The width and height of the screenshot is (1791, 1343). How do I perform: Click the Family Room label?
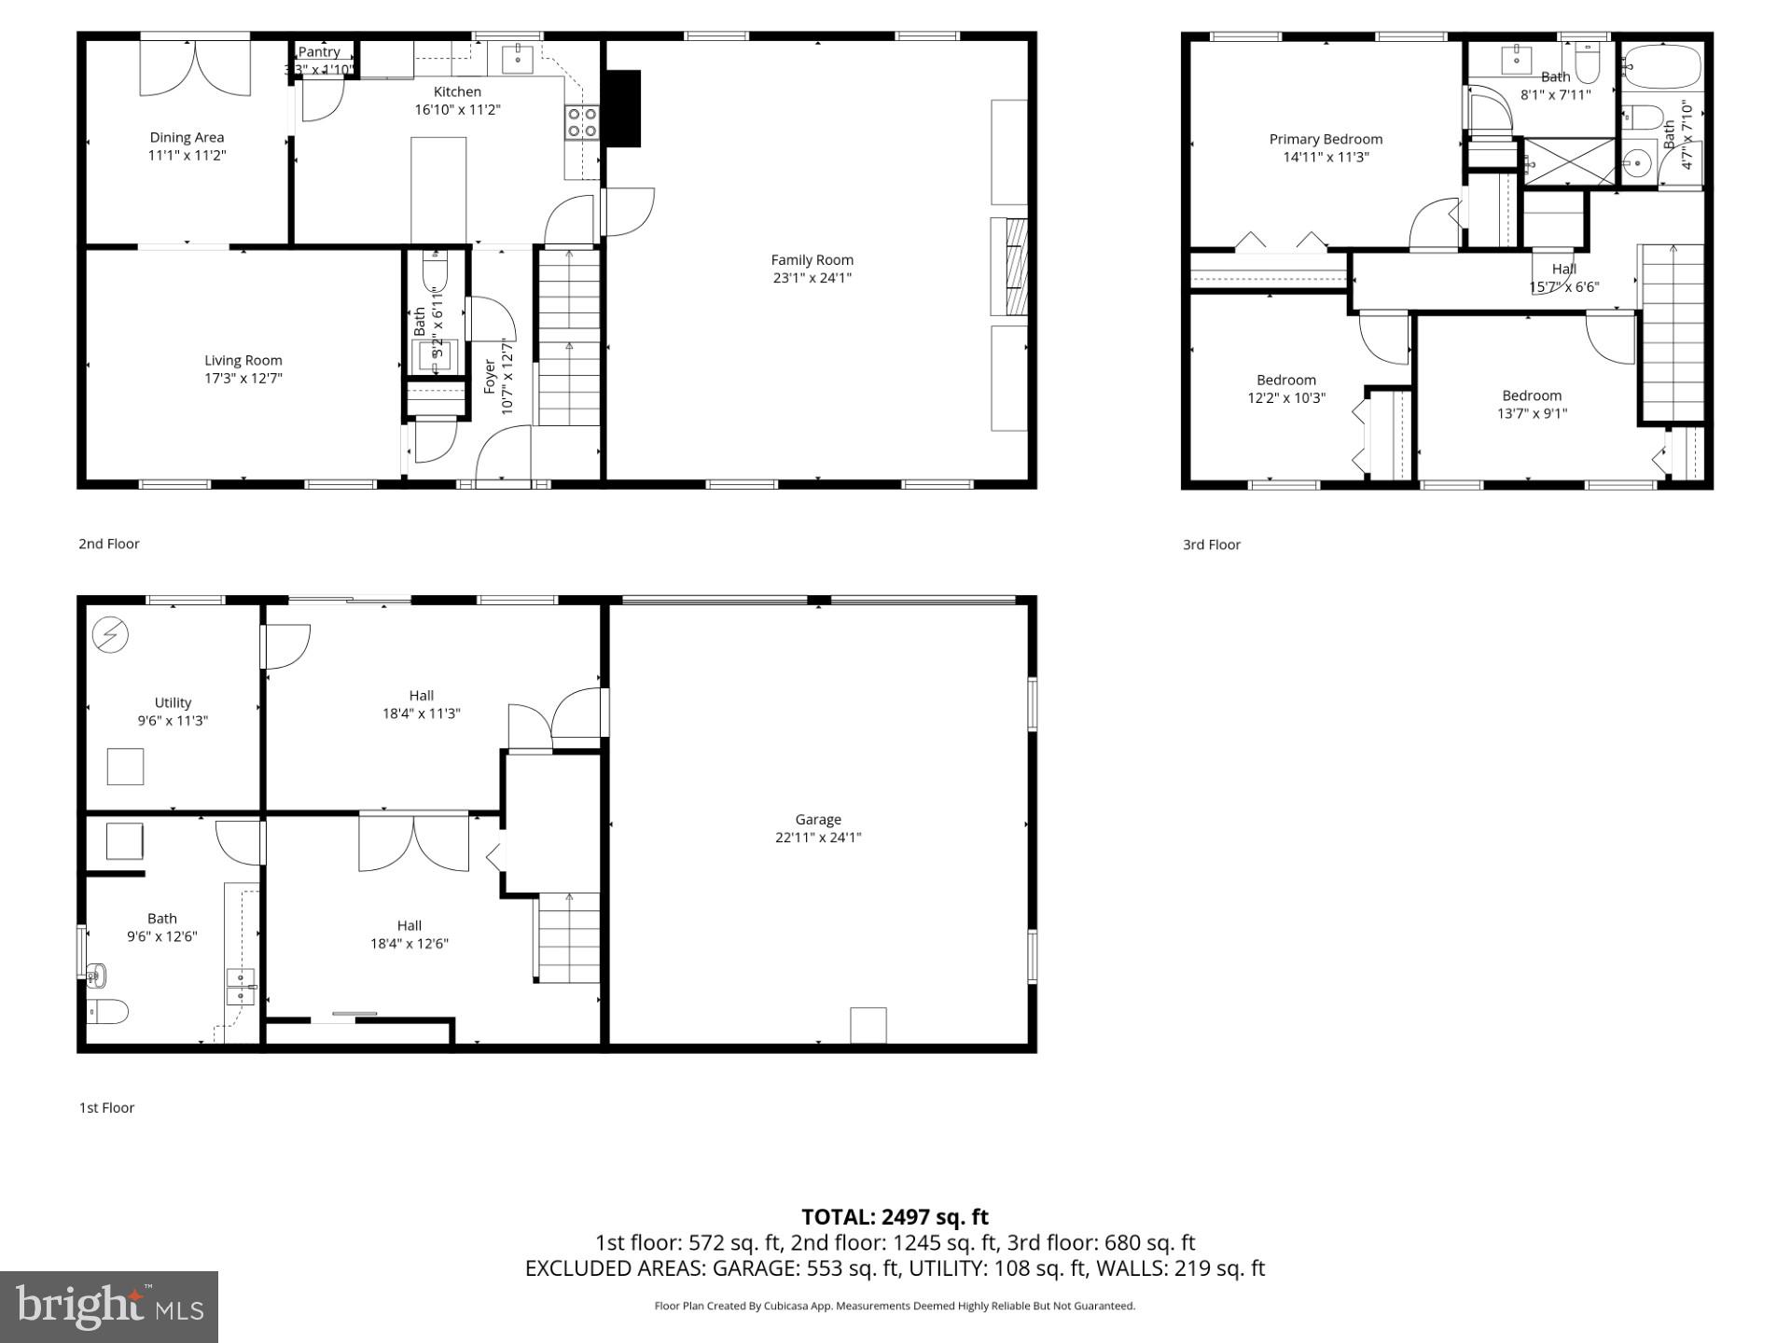click(x=812, y=260)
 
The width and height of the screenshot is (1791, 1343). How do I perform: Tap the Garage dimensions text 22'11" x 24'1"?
click(x=818, y=838)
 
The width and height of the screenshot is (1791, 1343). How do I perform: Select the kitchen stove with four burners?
click(x=581, y=122)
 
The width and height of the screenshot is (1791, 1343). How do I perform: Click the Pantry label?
click(x=319, y=52)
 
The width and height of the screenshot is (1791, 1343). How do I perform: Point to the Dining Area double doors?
click(x=195, y=69)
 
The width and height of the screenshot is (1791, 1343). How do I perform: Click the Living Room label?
click(x=243, y=360)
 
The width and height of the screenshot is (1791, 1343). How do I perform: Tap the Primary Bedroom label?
click(x=1326, y=140)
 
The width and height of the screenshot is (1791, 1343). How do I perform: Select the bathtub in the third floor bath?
click(x=1661, y=67)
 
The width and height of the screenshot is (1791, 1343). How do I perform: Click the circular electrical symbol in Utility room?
click(x=110, y=636)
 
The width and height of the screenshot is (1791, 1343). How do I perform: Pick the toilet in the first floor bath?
click(x=106, y=1011)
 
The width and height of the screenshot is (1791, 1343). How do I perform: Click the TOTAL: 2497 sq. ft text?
click(x=895, y=1217)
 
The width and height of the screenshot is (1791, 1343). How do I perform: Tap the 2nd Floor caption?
click(x=108, y=544)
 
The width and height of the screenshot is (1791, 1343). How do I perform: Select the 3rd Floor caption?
click(x=1211, y=545)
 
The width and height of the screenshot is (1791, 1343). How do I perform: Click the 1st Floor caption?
click(x=106, y=1108)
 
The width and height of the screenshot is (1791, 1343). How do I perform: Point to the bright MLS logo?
click(x=109, y=1307)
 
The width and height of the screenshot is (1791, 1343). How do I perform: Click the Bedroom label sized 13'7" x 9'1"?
click(x=1531, y=395)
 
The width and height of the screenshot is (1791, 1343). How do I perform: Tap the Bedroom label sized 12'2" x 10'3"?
click(x=1285, y=380)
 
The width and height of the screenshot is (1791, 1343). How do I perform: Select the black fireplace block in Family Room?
click(x=623, y=108)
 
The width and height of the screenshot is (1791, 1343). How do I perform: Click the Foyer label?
click(x=491, y=376)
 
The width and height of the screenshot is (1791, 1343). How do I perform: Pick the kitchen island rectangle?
click(x=438, y=190)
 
